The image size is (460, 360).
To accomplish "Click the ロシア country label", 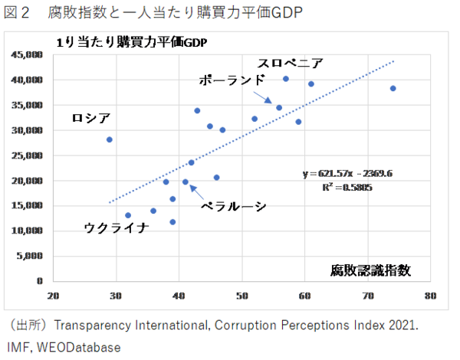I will tap(90, 118).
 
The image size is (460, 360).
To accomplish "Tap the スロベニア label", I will tap(289, 63).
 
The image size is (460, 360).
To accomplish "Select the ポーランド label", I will tap(232, 80).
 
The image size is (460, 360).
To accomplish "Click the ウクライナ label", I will tap(114, 227).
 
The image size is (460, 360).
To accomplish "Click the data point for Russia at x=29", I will tap(110, 139).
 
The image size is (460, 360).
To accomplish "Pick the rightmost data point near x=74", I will tap(393, 89).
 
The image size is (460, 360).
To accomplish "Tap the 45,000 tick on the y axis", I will tap(27, 55).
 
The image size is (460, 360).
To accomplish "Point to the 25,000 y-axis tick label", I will tap(27, 155).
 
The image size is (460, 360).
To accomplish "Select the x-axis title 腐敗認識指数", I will tap(370, 270).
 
